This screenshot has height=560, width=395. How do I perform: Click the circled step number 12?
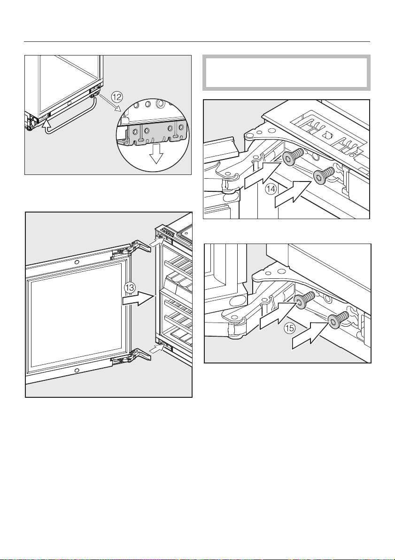pyautogui.click(x=116, y=96)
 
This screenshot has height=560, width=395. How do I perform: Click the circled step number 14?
pyautogui.click(x=270, y=189)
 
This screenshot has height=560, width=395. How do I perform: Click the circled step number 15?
pyautogui.click(x=289, y=328)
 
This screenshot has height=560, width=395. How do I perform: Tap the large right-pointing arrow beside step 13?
pyautogui.click(x=139, y=298)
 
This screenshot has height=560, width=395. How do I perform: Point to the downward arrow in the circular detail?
pyautogui.click(x=155, y=153)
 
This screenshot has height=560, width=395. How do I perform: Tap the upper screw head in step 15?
pyautogui.click(x=300, y=303)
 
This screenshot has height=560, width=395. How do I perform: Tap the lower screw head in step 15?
pyautogui.click(x=333, y=322)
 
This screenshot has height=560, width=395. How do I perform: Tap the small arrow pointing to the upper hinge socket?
pyautogui.click(x=156, y=241)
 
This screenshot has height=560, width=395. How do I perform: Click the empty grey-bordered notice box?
pyautogui.click(x=286, y=73)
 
